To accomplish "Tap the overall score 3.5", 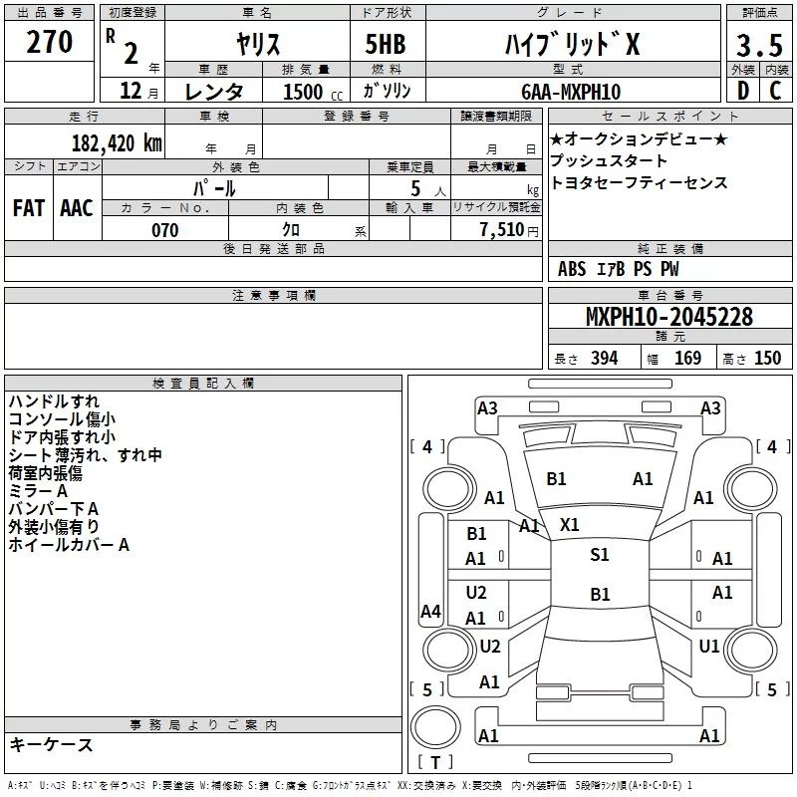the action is pos(759,46).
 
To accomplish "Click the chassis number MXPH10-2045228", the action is pos(668,318).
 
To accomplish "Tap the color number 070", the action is pos(164,230).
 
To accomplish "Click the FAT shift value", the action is pos(29,207).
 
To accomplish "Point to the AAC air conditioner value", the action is pos(77,207).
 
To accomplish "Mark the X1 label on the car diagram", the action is pos(570,524).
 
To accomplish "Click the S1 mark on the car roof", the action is pos(599,555).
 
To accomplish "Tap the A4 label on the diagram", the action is pos(429,612).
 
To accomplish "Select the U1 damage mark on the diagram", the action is pos(708,646).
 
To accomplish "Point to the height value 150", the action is pos(767,359).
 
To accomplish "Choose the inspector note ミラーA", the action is pos(39,490).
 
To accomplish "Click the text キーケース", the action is pos(51,744).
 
